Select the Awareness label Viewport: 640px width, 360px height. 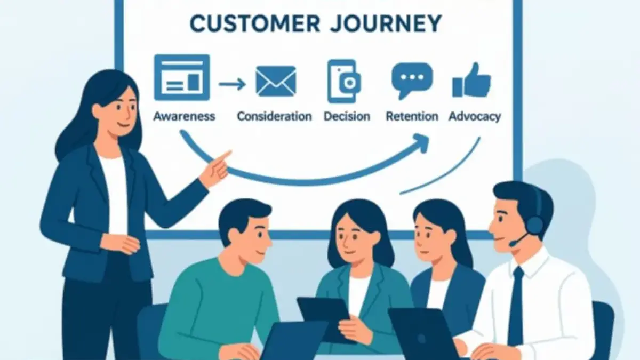pos(185,116)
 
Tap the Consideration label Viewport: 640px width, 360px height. pos(274,116)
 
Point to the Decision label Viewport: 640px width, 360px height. pos(347,116)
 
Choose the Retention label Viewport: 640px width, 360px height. pos(412,116)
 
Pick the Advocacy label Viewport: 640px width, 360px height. pos(475,117)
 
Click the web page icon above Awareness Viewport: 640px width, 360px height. pos(182,77)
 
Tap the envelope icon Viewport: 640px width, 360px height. pos(276,82)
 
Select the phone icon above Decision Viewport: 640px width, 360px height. pos(344,81)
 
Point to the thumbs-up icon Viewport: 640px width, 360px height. pos(471,80)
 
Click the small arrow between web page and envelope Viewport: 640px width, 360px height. pos(233,84)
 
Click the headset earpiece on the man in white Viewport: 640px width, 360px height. pos(534,225)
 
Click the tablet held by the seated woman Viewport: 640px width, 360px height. pos(325,318)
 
